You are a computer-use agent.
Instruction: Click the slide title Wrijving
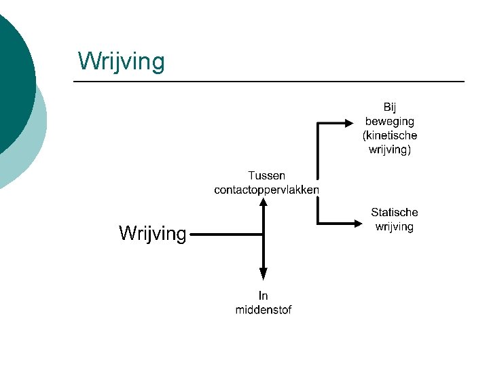[121, 61]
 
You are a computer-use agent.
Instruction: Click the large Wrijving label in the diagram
[152, 233]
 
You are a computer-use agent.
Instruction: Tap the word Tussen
[266, 175]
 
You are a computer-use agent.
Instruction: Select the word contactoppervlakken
[266, 190]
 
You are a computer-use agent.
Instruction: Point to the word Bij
[389, 107]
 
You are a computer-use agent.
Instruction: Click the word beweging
[389, 121]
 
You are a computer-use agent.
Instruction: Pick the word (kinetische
[389, 135]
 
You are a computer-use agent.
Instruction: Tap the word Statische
[394, 213]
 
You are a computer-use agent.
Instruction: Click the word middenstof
[264, 310]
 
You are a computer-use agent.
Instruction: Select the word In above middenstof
[264, 296]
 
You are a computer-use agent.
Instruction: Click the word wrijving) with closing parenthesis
[389, 150]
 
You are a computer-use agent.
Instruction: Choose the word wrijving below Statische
[394, 227]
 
